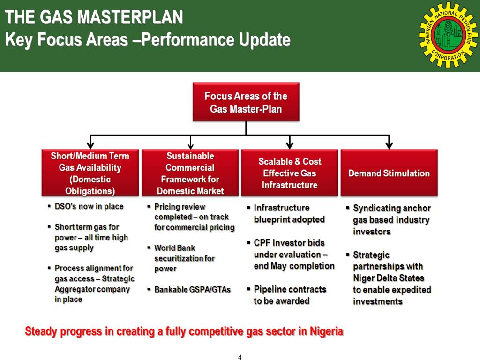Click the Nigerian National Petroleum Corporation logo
click(x=448, y=35)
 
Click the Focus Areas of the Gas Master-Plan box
click(x=246, y=102)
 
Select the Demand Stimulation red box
click(x=389, y=173)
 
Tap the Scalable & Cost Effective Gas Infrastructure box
click(x=289, y=173)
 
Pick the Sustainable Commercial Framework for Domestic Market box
click(x=190, y=173)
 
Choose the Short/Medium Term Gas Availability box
click(x=90, y=173)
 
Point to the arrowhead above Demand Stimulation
click(x=389, y=145)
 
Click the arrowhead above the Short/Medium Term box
click(x=90, y=145)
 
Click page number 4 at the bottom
click(x=240, y=357)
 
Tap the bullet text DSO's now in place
click(x=89, y=206)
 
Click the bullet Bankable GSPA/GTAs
click(x=193, y=290)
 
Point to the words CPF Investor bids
click(x=289, y=243)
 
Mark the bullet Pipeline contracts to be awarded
click(x=290, y=295)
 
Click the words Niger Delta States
click(x=389, y=278)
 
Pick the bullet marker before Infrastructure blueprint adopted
click(x=248, y=207)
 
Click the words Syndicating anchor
click(x=391, y=208)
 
